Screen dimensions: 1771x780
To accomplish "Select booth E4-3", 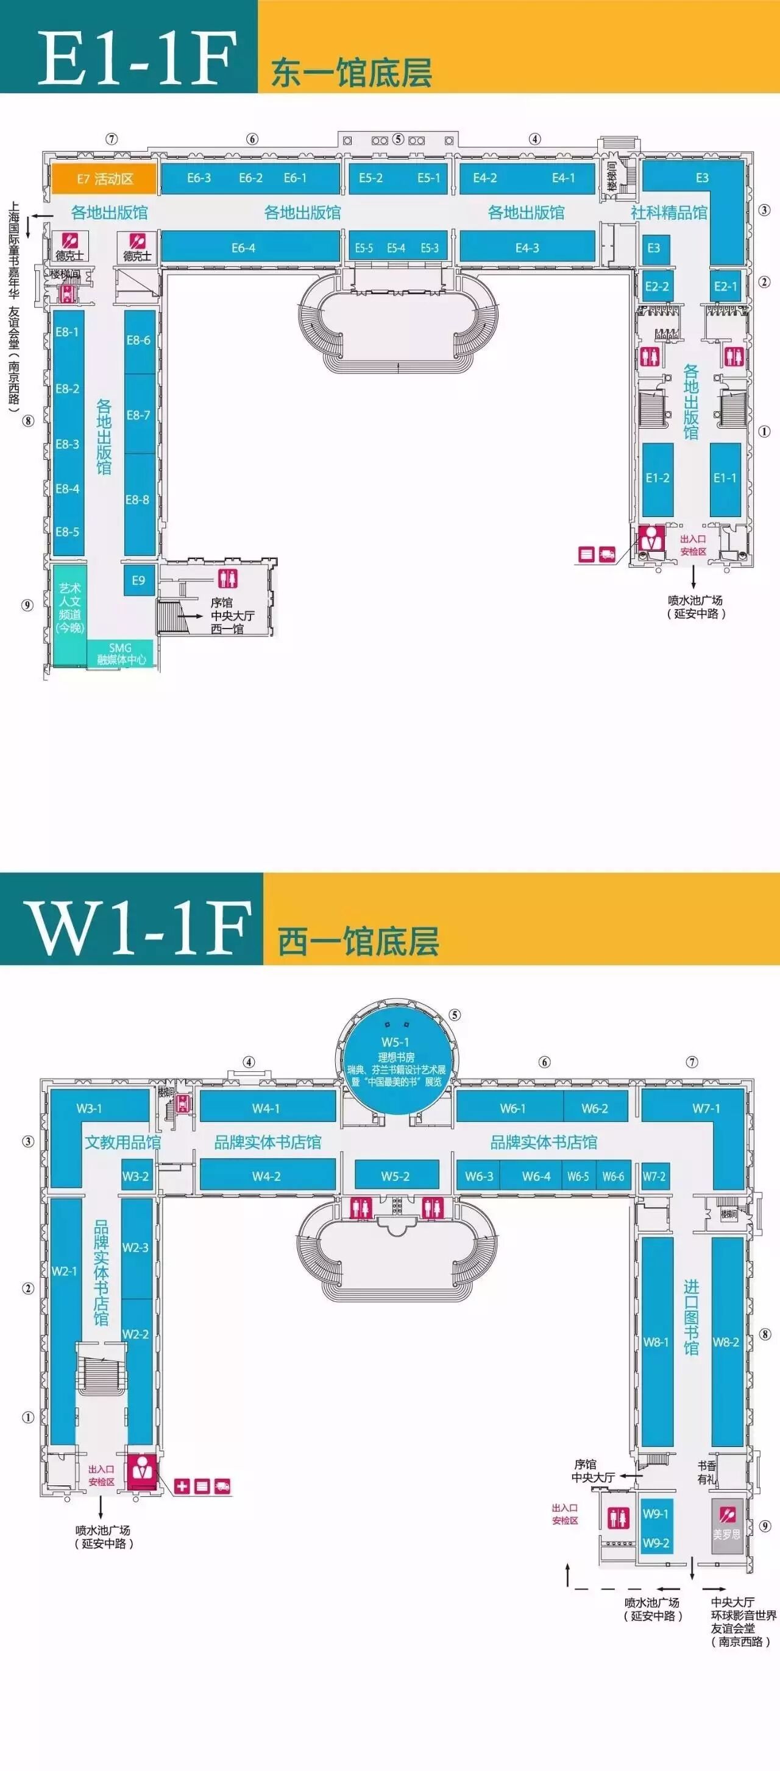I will (x=527, y=247).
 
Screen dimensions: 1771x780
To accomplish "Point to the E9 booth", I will (x=139, y=580).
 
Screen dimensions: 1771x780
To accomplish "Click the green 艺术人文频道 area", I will (x=69, y=608).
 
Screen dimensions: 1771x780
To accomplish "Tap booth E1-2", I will (x=657, y=479).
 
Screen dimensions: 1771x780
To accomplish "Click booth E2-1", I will (x=725, y=287).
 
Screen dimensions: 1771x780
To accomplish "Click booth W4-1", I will (x=266, y=1108).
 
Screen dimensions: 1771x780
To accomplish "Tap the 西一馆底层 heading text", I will (x=358, y=940).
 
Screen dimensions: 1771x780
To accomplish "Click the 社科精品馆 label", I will (x=668, y=213).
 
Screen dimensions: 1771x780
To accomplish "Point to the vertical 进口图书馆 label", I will (x=690, y=1317).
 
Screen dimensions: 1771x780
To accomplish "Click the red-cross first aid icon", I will (x=182, y=1487).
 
